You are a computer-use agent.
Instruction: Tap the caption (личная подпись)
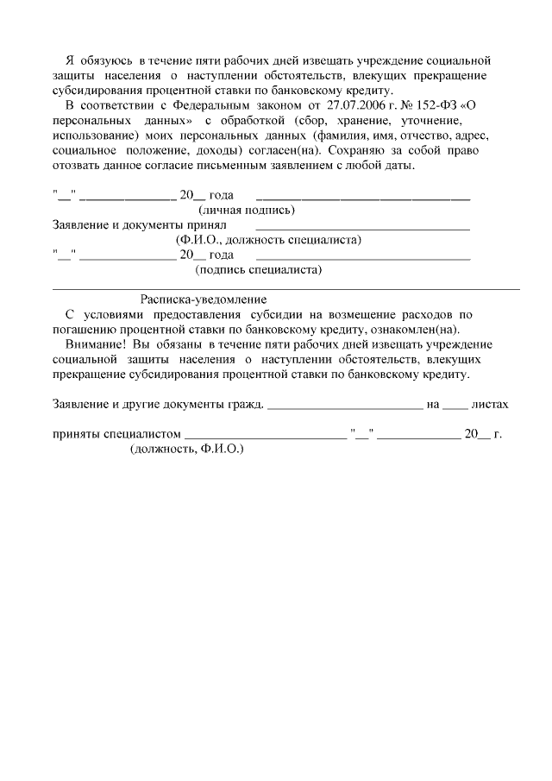click(247, 210)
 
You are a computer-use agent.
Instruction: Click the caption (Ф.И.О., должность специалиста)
click(268, 240)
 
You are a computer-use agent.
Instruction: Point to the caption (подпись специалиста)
click(260, 270)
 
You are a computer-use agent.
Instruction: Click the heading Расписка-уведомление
click(204, 299)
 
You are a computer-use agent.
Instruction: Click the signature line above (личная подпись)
click(363, 198)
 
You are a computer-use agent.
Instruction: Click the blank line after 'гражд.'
click(345, 406)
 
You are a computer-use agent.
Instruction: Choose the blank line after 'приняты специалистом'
click(266, 437)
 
